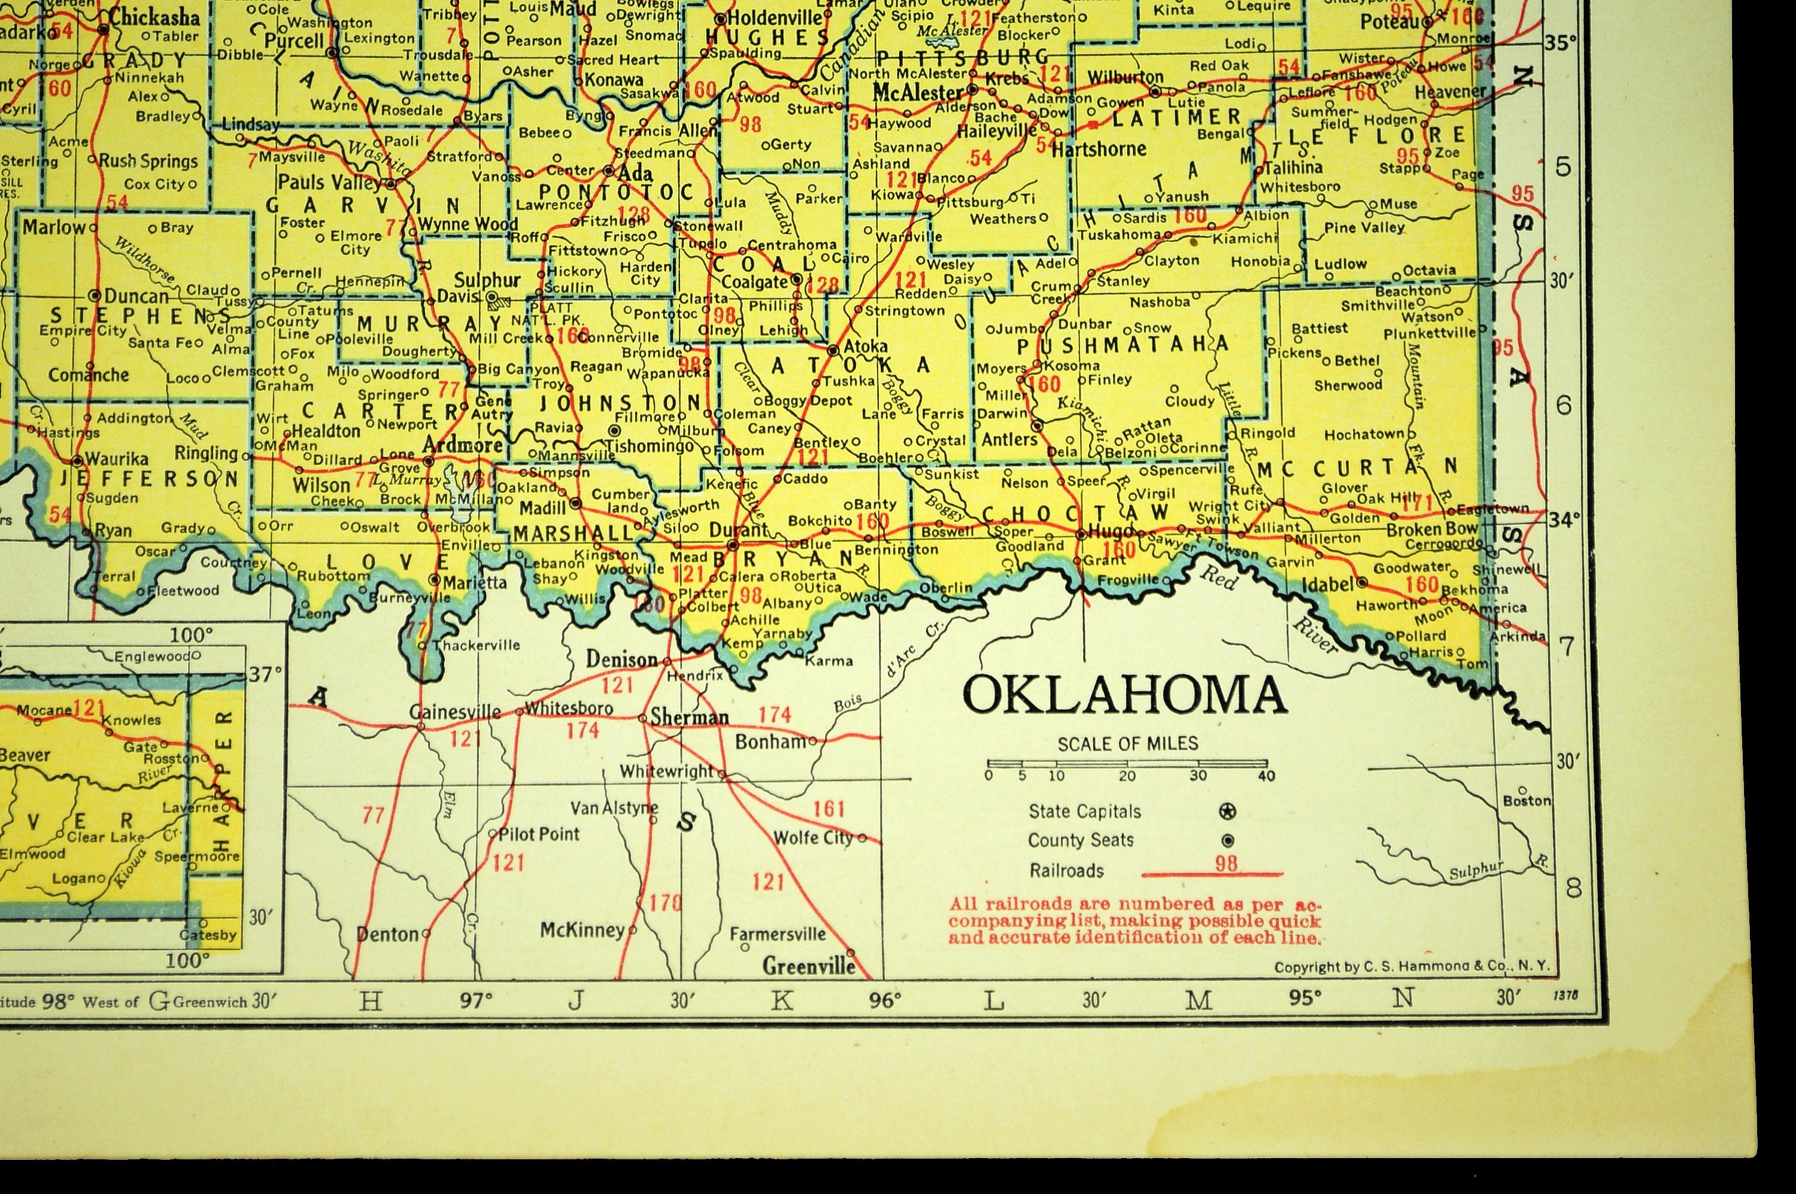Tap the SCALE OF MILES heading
coord(1127,743)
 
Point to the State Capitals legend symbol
coord(1227,812)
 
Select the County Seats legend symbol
coord(1227,841)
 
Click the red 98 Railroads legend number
coord(1226,864)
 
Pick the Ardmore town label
coord(462,445)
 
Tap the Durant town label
coord(738,529)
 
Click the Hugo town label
coord(1106,533)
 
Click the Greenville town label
coord(809,967)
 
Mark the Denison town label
coord(621,660)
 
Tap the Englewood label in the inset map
coord(152,657)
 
